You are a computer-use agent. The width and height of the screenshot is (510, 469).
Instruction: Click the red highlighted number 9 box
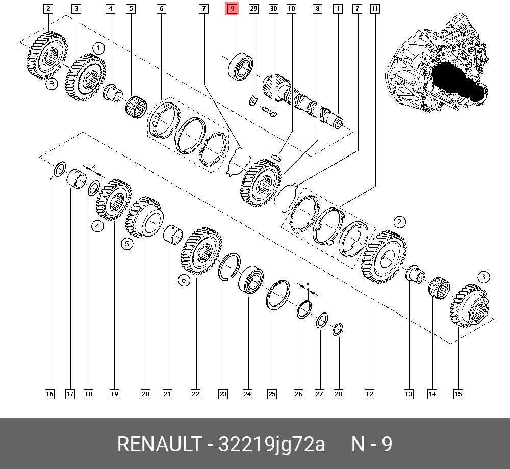(x=232, y=9)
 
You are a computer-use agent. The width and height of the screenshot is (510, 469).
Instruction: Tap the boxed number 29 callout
(x=253, y=9)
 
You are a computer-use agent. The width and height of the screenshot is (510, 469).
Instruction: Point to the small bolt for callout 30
(x=269, y=111)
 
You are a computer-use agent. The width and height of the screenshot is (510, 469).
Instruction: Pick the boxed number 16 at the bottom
(x=49, y=394)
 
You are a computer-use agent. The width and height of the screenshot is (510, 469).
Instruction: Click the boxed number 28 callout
(x=339, y=394)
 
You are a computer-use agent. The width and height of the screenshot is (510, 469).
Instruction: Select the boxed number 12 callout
(x=369, y=394)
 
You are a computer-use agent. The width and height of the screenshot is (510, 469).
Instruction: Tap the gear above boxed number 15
(x=469, y=306)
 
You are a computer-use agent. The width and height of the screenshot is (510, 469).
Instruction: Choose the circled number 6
(x=185, y=280)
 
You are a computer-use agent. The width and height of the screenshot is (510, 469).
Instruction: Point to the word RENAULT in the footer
(x=159, y=444)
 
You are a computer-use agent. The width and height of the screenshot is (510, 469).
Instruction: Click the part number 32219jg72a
(x=272, y=444)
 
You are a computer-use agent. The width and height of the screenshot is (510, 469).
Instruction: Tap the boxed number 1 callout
(x=337, y=9)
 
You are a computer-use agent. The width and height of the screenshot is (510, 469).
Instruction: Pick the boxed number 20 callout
(x=145, y=394)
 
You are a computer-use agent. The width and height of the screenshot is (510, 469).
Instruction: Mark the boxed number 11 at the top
(x=375, y=9)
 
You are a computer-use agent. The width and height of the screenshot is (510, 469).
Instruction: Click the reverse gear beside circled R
(x=47, y=55)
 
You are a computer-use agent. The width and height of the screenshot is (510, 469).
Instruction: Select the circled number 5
(x=127, y=244)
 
